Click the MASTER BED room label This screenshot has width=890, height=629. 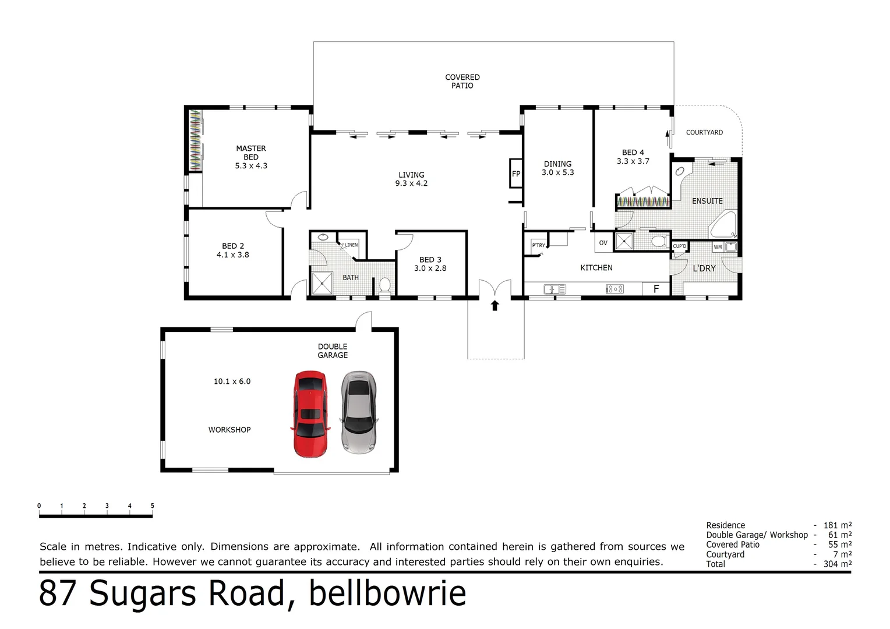pyautogui.click(x=251, y=153)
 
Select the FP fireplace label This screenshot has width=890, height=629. pyautogui.click(x=516, y=174)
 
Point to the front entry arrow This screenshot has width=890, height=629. pyautogui.click(x=495, y=305)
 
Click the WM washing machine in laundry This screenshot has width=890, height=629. pyautogui.click(x=718, y=247)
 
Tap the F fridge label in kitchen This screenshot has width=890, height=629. pyautogui.click(x=656, y=289)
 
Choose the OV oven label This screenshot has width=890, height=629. pyautogui.click(x=603, y=243)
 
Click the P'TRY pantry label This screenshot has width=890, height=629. pyautogui.click(x=538, y=245)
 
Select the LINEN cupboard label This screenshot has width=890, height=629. pyautogui.click(x=351, y=245)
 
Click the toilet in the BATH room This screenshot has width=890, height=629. pyautogui.click(x=384, y=285)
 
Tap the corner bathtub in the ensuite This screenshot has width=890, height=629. pyautogui.click(x=723, y=225)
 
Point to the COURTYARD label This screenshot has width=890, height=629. pyautogui.click(x=704, y=133)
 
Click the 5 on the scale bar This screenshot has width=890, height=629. pyautogui.click(x=152, y=506)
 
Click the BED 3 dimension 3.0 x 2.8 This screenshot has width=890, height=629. pyautogui.click(x=430, y=268)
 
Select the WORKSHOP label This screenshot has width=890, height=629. pyautogui.click(x=229, y=430)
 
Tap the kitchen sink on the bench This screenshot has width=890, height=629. pyautogui.click(x=555, y=289)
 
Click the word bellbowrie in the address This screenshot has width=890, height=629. pyautogui.click(x=387, y=593)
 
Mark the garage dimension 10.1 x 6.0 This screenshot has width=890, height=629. pyautogui.click(x=232, y=381)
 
